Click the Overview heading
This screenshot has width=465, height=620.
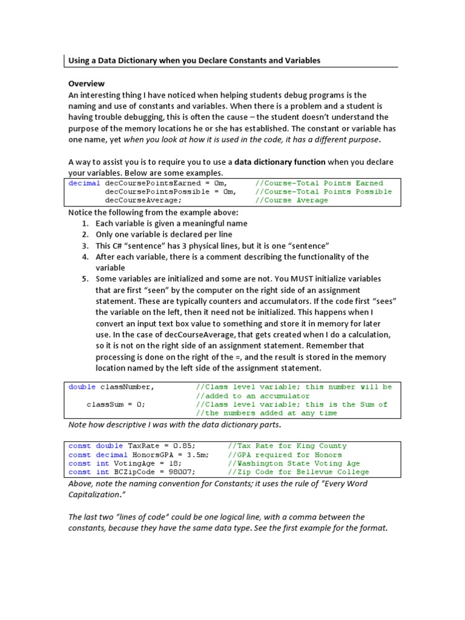click(86, 84)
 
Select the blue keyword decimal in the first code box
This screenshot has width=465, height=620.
click(84, 183)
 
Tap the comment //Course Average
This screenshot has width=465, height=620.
click(291, 200)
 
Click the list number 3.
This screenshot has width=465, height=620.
click(85, 245)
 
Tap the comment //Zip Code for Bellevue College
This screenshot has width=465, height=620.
click(298, 472)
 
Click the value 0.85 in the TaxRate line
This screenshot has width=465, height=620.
click(182, 446)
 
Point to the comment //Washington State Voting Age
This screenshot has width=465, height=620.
click(294, 464)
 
